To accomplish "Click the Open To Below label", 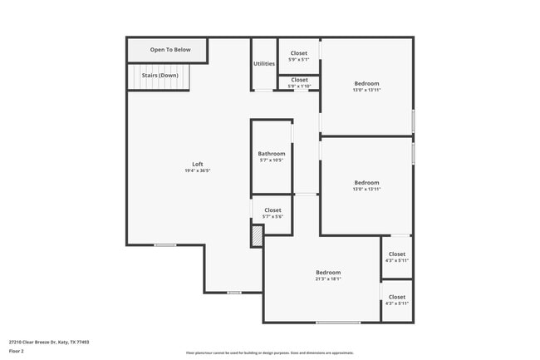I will coord(169,50).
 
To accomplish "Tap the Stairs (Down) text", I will coord(160,76).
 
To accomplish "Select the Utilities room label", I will coord(264,64).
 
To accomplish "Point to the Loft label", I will coord(198,164).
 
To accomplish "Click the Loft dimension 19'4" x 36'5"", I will coord(198,171).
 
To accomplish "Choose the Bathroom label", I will coord(272,153).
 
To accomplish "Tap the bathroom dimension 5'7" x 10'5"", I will coord(272,160).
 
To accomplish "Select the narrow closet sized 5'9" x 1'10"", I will coord(299,83).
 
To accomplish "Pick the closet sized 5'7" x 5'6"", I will coord(272,214).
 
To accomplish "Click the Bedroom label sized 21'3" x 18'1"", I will coord(327,272).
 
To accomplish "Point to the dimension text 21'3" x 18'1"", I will coord(327,279).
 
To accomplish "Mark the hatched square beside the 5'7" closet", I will coord(258,235).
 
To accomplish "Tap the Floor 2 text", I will coord(17,352).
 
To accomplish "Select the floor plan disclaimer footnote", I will coord(269,353).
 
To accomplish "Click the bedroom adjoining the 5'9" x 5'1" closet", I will coord(366,86).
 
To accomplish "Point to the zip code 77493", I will coord(84,342).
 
